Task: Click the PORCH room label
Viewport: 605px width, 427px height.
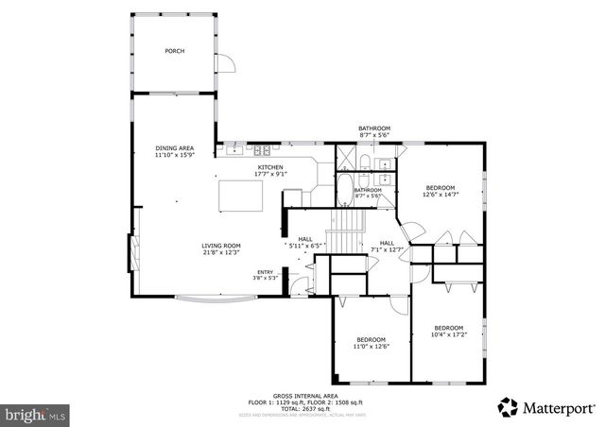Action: coord(174,51)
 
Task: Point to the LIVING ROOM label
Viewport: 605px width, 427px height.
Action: coord(220,248)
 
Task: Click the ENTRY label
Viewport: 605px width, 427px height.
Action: coord(265,275)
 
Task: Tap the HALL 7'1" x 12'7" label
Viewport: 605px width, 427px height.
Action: coord(388,246)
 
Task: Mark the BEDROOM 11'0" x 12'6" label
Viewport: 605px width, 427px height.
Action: coord(372,342)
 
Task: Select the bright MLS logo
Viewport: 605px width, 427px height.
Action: coord(36,414)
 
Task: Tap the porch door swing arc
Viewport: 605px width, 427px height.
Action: coord(227,63)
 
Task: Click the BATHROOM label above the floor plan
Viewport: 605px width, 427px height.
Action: coord(373,128)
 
